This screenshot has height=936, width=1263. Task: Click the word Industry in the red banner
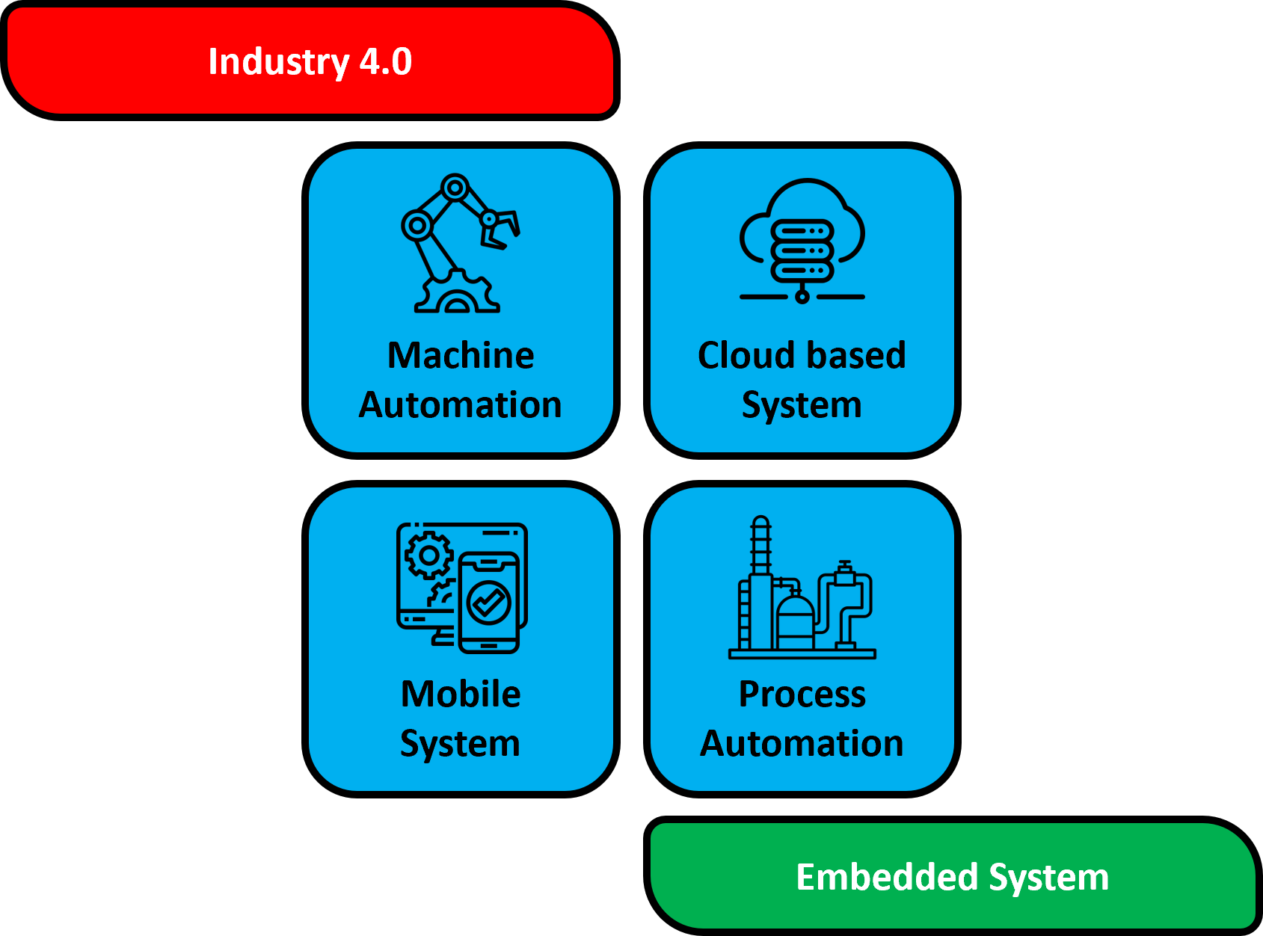pos(278,62)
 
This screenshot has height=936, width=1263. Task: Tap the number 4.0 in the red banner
pos(386,61)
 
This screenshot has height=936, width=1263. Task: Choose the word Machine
pos(461,355)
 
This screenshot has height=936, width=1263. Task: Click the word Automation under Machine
pos(461,405)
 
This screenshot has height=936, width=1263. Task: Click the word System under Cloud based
pos(802,406)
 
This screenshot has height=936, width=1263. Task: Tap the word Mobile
pos(461,694)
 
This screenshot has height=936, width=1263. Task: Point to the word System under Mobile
pos(461,744)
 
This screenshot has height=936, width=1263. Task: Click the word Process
pos(802,695)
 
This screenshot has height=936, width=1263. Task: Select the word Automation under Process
pos(802,744)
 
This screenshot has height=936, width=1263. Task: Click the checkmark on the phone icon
pos(489,602)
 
